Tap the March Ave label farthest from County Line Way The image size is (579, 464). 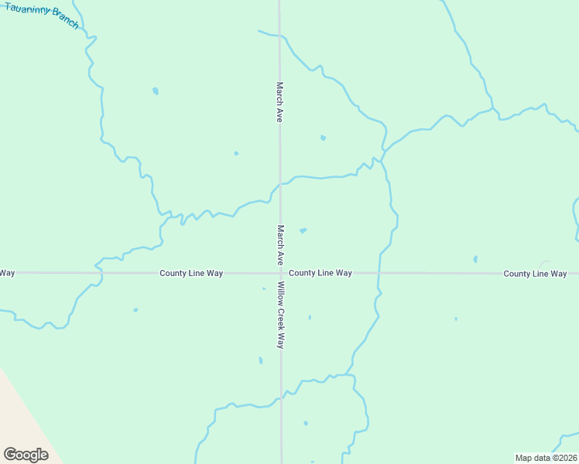[279, 102]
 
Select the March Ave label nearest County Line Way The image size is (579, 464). [280, 245]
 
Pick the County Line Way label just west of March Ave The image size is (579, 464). [191, 273]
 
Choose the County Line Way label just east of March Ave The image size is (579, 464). [320, 273]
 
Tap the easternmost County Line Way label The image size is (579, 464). [535, 274]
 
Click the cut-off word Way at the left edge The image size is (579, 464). [7, 273]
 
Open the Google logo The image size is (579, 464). [26, 454]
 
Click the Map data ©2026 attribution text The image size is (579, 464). [546, 458]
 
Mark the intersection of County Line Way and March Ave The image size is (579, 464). [280, 273]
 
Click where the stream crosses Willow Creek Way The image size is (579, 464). [281, 397]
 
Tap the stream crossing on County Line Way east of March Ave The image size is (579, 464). [379, 273]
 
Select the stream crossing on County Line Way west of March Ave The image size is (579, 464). [98, 272]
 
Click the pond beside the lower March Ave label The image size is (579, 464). [303, 230]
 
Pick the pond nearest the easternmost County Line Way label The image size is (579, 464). [475, 259]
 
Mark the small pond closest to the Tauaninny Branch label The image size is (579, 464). [156, 91]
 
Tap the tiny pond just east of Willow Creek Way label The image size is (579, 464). [310, 317]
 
